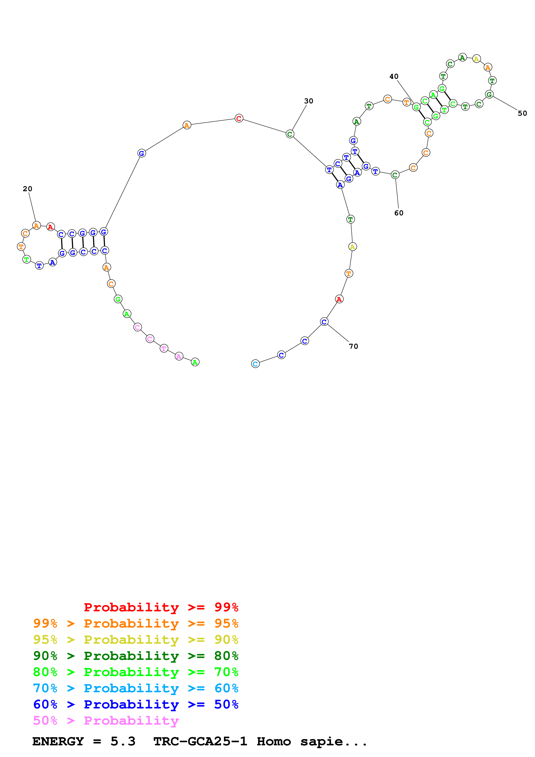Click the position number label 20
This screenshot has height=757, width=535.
point(27,189)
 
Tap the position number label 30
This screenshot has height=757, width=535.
point(309,101)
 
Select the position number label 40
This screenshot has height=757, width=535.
point(394,76)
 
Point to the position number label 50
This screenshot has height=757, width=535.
point(522,114)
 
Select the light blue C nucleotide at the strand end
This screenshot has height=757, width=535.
point(256,364)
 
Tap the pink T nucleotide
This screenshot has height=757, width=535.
point(164,349)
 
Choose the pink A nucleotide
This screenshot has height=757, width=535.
point(179,356)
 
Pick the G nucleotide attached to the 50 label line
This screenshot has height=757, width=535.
point(489,95)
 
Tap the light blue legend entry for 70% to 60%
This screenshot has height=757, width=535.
point(136,688)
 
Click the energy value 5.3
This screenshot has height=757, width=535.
point(123,741)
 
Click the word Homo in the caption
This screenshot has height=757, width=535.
point(274,741)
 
